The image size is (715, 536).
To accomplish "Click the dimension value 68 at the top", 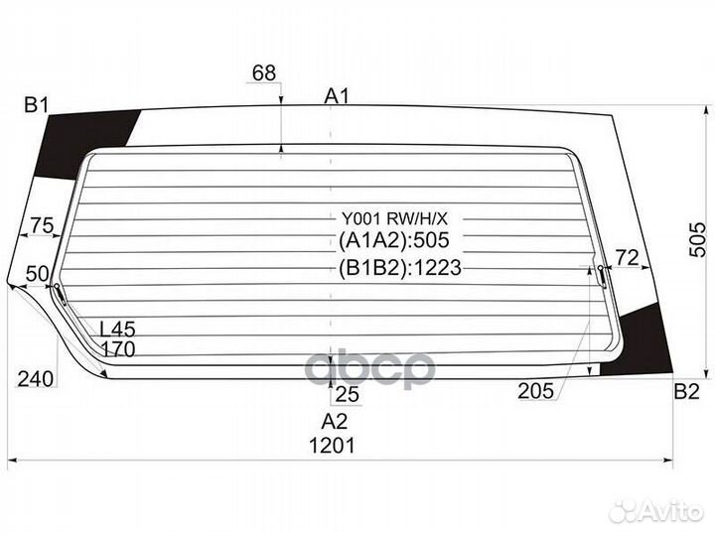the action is click(264, 72).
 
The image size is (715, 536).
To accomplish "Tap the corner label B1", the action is click(37, 106).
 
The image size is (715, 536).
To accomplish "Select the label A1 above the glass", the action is click(337, 96).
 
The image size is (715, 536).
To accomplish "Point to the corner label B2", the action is click(686, 391).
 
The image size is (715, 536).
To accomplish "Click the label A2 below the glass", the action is click(335, 422).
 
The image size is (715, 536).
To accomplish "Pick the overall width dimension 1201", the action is click(332, 446).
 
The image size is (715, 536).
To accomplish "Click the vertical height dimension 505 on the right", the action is click(697, 240).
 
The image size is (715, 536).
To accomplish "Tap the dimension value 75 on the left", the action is click(42, 225).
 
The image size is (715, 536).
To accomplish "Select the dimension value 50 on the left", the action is click(38, 274).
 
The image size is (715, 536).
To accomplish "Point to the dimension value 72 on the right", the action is click(627, 258).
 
